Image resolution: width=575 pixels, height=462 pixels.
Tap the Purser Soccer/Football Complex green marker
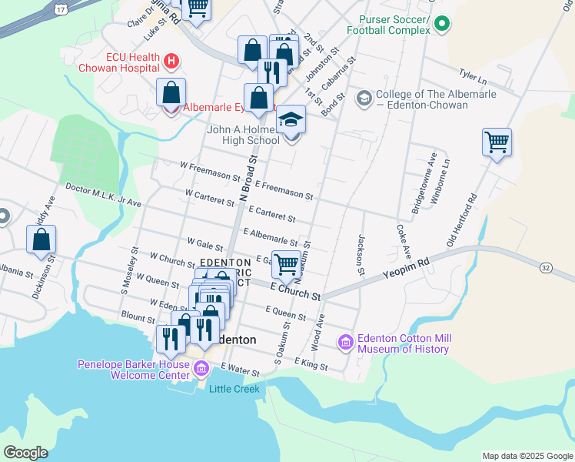tap(441, 24)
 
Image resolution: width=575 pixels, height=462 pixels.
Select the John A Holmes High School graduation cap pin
tap(291, 122)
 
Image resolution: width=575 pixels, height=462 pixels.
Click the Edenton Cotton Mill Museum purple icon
tap(345, 342)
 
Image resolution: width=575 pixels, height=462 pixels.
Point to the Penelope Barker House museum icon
tap(201, 369)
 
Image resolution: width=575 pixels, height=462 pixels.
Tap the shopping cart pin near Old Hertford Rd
tap(497, 142)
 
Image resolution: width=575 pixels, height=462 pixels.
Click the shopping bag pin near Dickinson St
tap(41, 239)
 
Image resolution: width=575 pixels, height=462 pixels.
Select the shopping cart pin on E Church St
tap(287, 264)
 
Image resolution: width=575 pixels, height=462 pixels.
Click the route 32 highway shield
tap(546, 267)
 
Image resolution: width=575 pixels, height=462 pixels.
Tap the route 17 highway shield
tap(59, 8)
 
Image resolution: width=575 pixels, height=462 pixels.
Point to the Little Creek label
tap(234, 389)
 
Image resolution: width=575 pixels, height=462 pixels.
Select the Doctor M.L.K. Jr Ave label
tap(103, 196)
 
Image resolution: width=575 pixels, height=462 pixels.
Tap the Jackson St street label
tap(360, 255)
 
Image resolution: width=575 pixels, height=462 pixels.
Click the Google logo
tap(25, 453)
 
